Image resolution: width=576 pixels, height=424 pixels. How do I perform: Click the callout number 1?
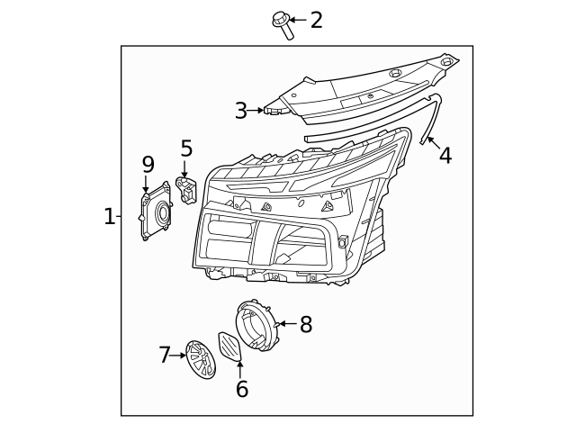109,216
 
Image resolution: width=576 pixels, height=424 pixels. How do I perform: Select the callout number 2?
316,20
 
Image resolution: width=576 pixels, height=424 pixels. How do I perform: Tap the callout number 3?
240,111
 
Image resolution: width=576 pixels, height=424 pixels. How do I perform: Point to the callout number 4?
445,156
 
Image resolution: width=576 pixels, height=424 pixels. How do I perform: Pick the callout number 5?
186,149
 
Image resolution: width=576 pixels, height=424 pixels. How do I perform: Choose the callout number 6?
241,389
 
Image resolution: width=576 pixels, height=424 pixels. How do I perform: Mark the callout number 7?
165,356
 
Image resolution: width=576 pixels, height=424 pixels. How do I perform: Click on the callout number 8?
306,325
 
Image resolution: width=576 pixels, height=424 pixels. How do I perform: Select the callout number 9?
148,164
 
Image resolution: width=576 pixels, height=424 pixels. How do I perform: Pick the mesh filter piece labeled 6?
230,346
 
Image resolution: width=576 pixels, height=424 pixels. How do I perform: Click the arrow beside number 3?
256,111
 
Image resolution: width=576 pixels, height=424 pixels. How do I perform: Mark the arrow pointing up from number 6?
240,368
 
